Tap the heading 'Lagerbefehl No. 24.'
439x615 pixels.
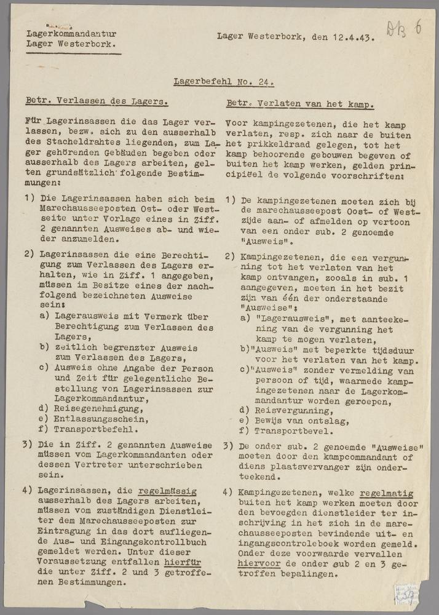click(224, 81)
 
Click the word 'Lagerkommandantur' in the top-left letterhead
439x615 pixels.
click(71, 34)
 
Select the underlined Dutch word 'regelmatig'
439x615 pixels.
click(387, 493)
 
